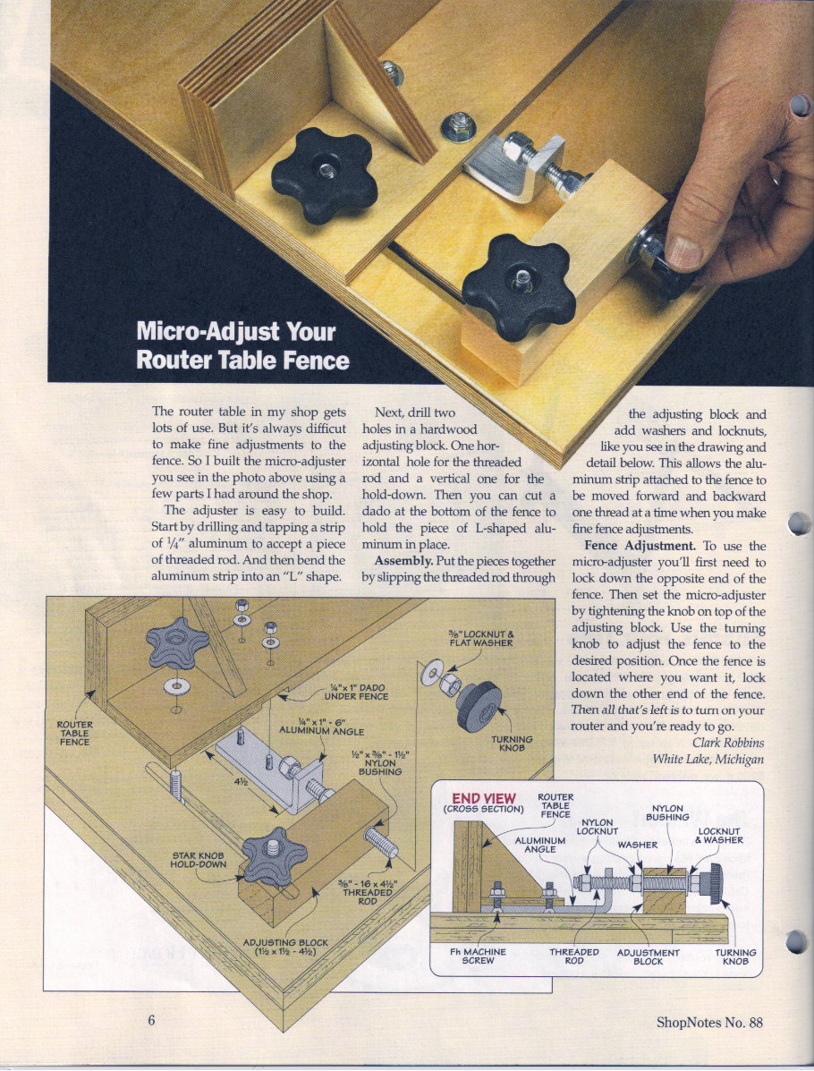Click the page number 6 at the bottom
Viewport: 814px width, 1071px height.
pos(152,1022)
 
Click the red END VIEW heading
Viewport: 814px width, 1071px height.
pos(483,798)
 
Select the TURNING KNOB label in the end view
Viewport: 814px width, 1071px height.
pos(735,956)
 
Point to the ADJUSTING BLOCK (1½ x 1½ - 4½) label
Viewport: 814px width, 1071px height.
pos(286,947)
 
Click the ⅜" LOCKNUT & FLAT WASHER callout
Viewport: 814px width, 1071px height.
pos(480,637)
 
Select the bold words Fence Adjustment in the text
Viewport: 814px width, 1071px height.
pos(640,545)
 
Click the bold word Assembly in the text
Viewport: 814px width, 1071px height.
pos(402,561)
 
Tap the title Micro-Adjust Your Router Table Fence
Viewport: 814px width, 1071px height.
pos(242,344)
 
